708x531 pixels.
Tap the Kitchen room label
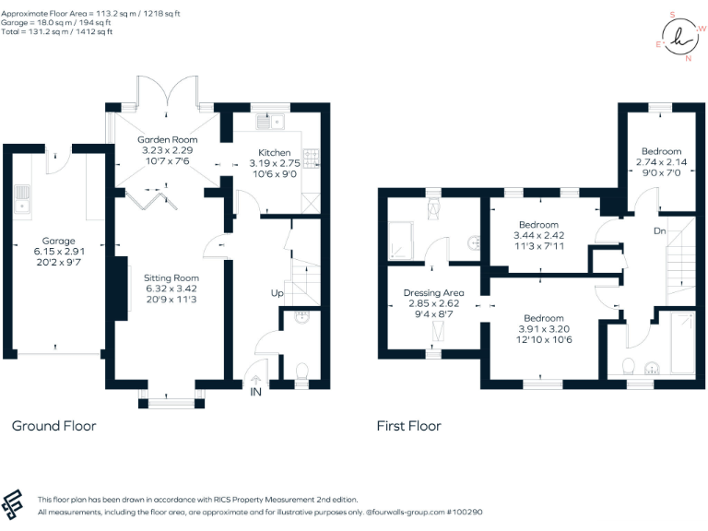pyautogui.click(x=274, y=152)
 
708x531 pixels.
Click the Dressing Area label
pyautogui.click(x=434, y=293)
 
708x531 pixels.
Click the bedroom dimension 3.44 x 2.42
pyautogui.click(x=538, y=237)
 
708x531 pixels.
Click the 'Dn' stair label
pyautogui.click(x=659, y=231)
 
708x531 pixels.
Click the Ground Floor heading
pyautogui.click(x=53, y=426)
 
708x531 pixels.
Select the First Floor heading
pyautogui.click(x=408, y=426)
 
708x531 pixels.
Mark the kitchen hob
pyautogui.click(x=310, y=159)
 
